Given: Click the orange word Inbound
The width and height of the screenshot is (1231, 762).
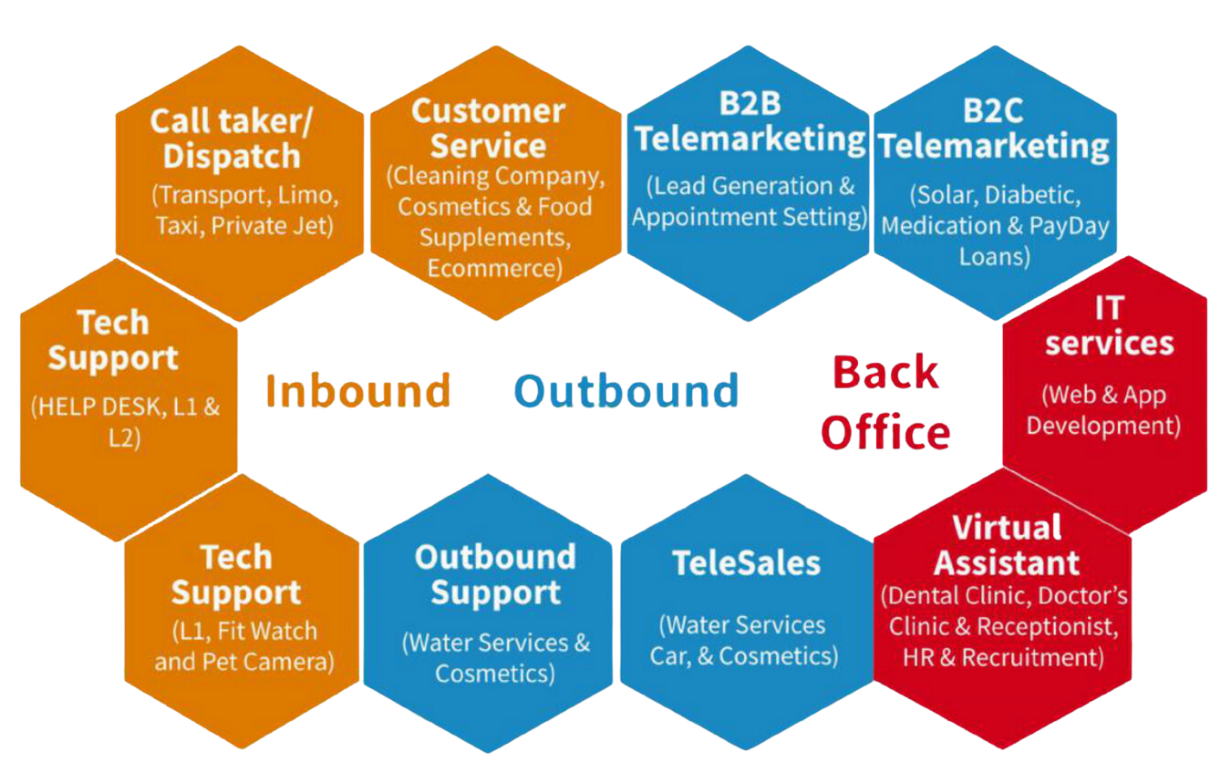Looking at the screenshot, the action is click(x=357, y=391).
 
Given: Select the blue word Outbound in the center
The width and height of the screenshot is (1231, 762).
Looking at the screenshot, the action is click(x=626, y=391).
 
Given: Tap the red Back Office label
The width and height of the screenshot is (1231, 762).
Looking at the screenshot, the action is click(x=885, y=402).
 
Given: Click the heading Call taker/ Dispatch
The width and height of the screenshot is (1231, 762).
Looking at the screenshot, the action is click(x=232, y=139).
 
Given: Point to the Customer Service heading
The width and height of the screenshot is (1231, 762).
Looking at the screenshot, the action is click(x=489, y=128).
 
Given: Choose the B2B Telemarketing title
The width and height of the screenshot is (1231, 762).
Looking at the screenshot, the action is click(x=750, y=121).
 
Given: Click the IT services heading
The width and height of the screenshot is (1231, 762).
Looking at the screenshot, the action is click(x=1109, y=326).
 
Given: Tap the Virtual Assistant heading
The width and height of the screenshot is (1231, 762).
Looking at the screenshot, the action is click(x=1007, y=545).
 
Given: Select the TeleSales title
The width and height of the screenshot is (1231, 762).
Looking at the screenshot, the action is click(x=746, y=563).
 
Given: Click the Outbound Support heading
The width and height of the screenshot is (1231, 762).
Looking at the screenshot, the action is click(x=496, y=574).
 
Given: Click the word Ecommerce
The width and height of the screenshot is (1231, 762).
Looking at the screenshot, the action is click(x=495, y=269).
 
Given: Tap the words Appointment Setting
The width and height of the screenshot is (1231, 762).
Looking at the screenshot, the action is click(x=750, y=217).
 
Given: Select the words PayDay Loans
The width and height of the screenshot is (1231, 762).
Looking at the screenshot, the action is click(x=1033, y=242).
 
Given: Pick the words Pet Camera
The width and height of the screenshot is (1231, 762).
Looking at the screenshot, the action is click(x=268, y=662).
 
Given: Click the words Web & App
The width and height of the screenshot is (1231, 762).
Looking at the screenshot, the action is click(x=1103, y=395).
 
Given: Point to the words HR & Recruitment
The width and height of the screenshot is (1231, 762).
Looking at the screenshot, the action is click(x=1003, y=657).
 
